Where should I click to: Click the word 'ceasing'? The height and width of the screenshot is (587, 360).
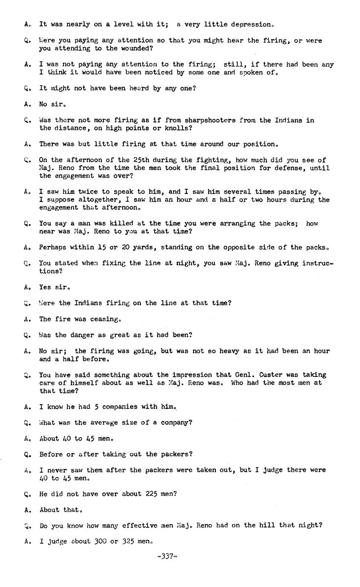click(106, 319)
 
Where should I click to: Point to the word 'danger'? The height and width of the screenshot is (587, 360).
click(83, 335)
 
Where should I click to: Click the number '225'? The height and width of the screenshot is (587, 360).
click(151, 494)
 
